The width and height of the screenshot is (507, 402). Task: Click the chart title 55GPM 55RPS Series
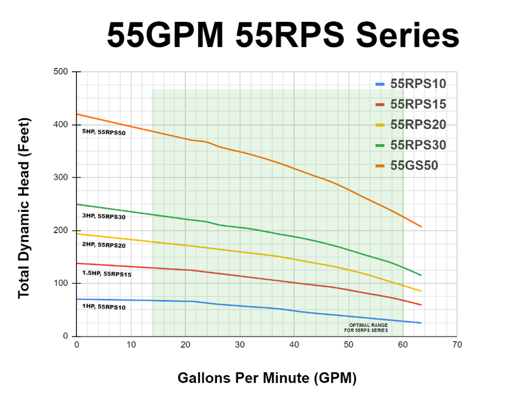coord(283,36)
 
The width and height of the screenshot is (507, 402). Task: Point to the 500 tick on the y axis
coord(61,72)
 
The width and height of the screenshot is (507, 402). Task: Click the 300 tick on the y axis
coord(61,177)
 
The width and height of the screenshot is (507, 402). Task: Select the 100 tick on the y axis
coord(61,283)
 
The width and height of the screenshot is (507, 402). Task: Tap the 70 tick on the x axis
coord(457,345)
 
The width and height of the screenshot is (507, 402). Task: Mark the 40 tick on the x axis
coord(294,345)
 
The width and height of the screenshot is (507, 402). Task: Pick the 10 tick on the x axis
coord(131,345)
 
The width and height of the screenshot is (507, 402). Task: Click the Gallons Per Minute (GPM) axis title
coord(267,378)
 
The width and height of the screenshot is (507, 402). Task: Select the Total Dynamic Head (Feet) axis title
coord(24,208)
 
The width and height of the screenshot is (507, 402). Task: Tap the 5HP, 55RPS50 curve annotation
coord(103,132)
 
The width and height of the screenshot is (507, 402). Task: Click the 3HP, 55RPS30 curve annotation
coord(103,217)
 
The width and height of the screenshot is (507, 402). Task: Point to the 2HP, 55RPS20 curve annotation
coord(103,245)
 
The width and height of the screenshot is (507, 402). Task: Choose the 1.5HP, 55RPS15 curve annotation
coord(107,274)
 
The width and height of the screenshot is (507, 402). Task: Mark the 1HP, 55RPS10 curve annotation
coord(103,307)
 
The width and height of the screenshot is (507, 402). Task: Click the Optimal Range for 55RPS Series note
coord(366,328)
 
